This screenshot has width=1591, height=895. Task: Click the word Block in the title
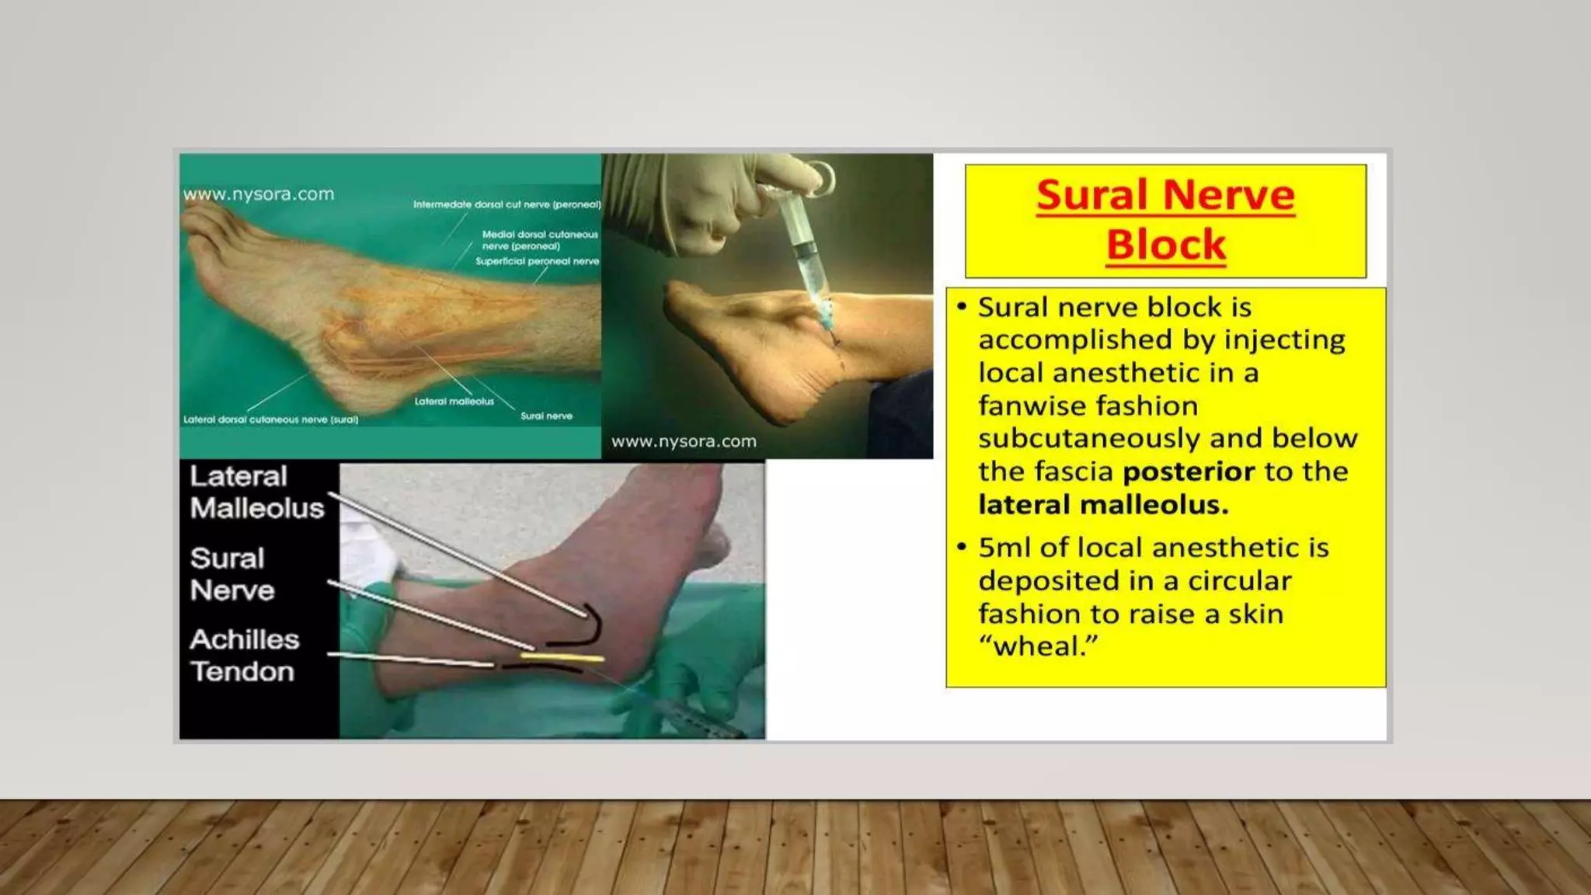click(x=1165, y=245)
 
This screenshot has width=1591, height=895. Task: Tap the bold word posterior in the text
click(x=1189, y=472)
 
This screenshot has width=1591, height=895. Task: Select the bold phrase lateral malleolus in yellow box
click(x=1103, y=505)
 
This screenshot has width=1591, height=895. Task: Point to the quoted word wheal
click(x=1039, y=646)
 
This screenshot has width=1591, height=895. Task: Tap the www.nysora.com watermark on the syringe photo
click(x=684, y=441)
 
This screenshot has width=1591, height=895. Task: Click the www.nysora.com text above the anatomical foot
click(x=259, y=194)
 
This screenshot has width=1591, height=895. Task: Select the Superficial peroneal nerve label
click(x=537, y=262)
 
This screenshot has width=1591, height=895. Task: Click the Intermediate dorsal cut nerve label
click(x=507, y=204)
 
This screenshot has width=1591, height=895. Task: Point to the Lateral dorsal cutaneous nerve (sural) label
click(x=270, y=420)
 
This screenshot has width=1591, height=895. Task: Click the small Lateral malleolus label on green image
click(x=454, y=402)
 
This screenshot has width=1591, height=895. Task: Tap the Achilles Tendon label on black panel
click(x=244, y=655)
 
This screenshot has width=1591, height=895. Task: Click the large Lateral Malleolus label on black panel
click(x=256, y=492)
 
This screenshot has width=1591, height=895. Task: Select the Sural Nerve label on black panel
click(x=232, y=574)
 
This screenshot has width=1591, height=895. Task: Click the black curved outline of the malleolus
click(x=590, y=630)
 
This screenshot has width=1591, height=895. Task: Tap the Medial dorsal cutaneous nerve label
click(x=539, y=239)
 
